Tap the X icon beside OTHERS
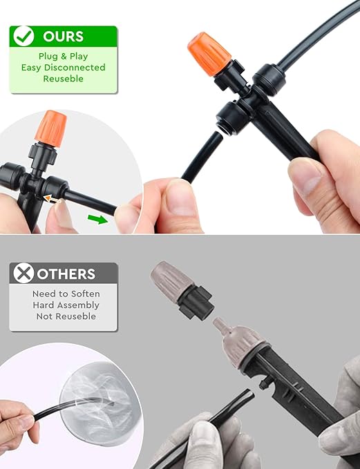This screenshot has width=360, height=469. [24, 274]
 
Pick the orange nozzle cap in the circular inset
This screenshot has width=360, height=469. [53, 128]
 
